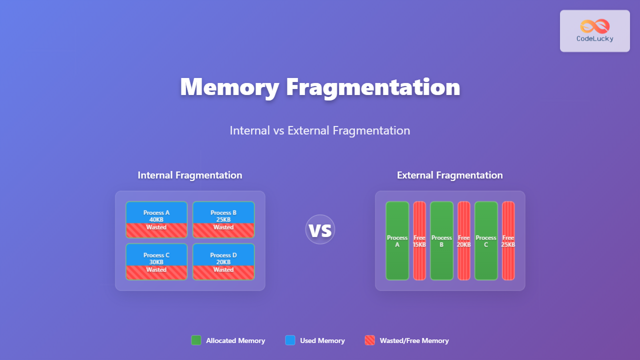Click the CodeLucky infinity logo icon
[595, 26]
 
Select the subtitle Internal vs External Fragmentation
[320, 130]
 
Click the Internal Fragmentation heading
[190, 175]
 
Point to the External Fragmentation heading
[450, 175]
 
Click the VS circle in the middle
[320, 229]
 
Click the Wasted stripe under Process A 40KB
[156, 230]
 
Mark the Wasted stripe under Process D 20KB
[223, 272]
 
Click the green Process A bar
[397, 241]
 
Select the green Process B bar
[441, 241]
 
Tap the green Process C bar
[486, 241]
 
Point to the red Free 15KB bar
[419, 241]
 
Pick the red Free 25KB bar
[508, 241]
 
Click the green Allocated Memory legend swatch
[196, 340]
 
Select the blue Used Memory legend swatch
[290, 340]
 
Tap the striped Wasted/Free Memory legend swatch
[370, 340]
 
